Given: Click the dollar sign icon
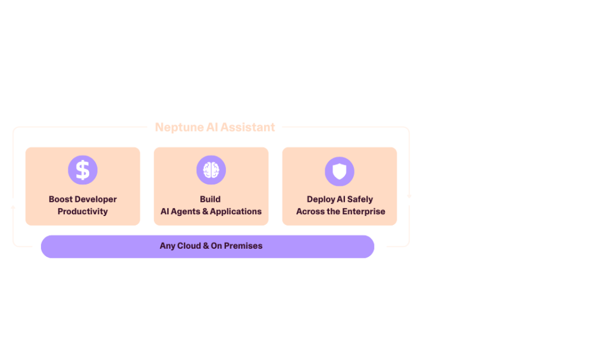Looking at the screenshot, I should pyautogui.click(x=83, y=170).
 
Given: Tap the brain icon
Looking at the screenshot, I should pyautogui.click(x=211, y=170).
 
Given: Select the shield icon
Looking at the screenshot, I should pyautogui.click(x=339, y=171).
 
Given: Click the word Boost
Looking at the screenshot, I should pyautogui.click(x=61, y=199).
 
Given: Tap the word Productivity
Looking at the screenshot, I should pyautogui.click(x=83, y=211).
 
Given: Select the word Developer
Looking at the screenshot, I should pyautogui.click(x=96, y=199).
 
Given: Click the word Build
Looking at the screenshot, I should pyautogui.click(x=210, y=199).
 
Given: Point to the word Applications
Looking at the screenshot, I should pyautogui.click(x=236, y=211).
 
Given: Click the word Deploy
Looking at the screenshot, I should pyautogui.click(x=321, y=199).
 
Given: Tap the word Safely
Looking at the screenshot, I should pyautogui.click(x=360, y=199).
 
